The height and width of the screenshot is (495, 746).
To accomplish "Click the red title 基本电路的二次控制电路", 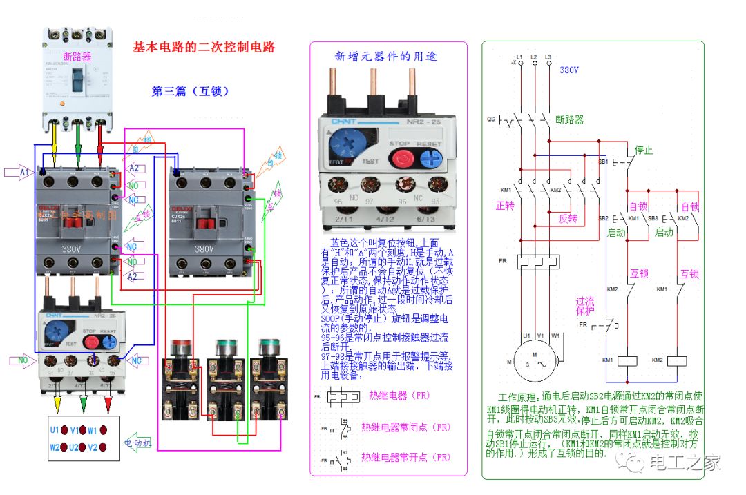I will tap(204, 48).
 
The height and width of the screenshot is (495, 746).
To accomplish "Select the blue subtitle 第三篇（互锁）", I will tap(190, 91).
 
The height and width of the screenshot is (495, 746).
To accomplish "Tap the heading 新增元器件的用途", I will tap(385, 57).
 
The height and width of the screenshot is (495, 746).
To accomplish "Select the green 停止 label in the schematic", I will tap(644, 150).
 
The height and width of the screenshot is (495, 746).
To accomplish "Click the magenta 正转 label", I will tap(506, 206).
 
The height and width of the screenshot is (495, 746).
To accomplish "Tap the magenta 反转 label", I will tap(568, 218).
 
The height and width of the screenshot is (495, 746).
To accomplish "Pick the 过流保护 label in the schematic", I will tap(585, 306).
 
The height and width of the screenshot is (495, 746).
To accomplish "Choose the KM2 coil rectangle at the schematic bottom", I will tap(678, 360).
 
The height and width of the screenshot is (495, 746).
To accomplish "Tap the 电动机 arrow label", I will tap(137, 443).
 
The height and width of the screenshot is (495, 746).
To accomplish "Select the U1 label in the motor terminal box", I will tap(55, 430).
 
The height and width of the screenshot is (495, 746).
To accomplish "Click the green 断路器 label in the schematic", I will tap(569, 119).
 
